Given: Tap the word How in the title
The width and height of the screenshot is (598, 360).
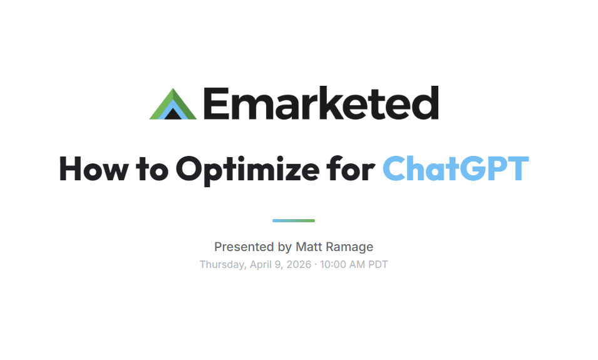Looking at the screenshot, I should (93, 168).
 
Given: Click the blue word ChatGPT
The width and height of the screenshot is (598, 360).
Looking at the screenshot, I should (455, 168).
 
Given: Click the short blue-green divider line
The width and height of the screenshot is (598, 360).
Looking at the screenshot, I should (294, 220).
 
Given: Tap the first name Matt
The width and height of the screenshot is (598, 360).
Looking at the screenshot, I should (309, 247).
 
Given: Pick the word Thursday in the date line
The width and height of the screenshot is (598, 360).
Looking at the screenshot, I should (222, 265).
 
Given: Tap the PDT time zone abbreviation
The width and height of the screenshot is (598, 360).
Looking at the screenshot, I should (377, 265).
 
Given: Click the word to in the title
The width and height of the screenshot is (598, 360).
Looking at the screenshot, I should (152, 168).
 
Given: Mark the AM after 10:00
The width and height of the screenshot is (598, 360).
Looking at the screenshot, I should (357, 265).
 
